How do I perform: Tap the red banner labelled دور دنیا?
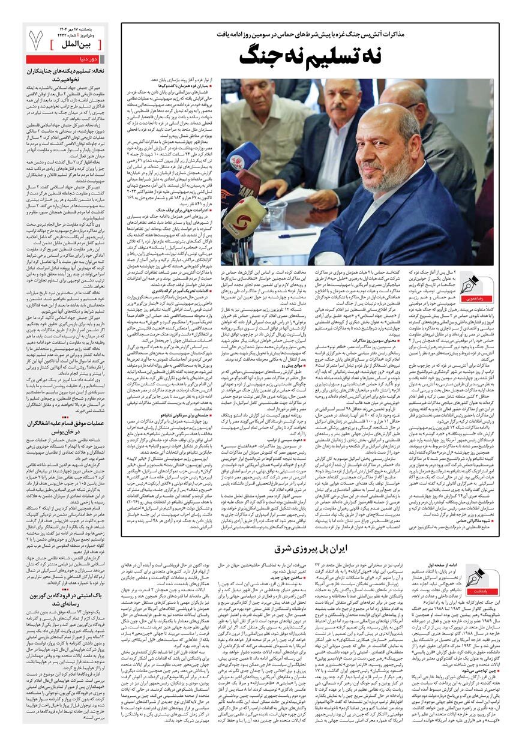[x=67, y=59]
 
